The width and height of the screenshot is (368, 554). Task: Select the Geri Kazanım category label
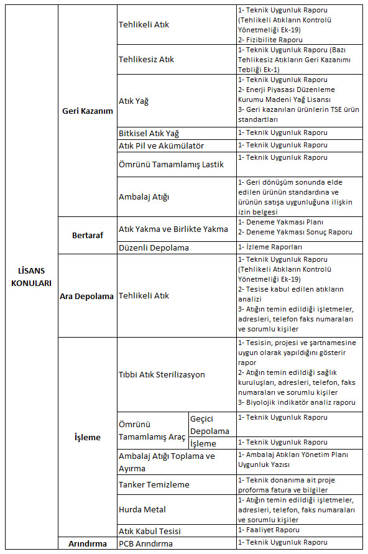[88, 111]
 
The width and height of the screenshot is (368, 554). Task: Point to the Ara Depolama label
[87, 296]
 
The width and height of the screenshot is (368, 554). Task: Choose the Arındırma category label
[88, 543]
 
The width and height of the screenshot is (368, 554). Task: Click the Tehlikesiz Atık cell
[146, 60]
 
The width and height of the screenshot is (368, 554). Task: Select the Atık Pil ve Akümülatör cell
[161, 145]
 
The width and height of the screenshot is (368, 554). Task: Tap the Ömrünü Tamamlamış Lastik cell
[170, 164]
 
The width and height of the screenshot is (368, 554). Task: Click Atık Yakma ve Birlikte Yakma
[173, 229]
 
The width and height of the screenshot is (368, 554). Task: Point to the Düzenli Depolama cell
[154, 247]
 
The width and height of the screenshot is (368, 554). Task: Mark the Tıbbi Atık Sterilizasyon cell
[162, 374]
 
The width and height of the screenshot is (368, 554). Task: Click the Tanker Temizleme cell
[154, 484]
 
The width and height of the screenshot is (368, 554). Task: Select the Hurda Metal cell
[142, 509]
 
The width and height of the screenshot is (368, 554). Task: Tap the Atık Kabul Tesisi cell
[150, 531]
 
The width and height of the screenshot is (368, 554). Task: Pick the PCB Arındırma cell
[147, 543]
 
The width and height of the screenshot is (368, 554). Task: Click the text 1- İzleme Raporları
[270, 247]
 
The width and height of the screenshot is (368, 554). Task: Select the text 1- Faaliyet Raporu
[269, 530]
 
